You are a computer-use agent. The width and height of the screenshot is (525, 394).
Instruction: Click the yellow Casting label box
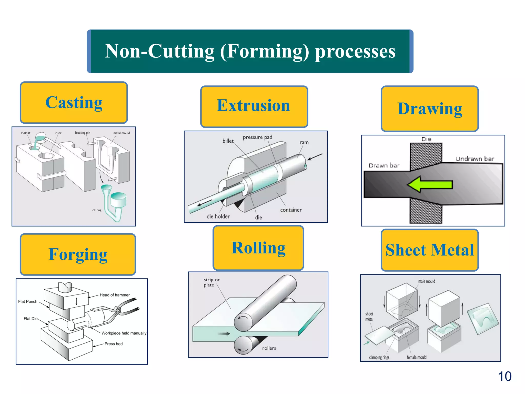coord(74,103)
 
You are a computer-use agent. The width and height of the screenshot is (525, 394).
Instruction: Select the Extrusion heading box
coord(254,106)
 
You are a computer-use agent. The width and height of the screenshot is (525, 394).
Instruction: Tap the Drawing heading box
coord(430,109)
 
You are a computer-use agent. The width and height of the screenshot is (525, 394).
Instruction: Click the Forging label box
coord(78,254)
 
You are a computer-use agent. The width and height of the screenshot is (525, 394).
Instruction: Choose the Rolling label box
coord(258,248)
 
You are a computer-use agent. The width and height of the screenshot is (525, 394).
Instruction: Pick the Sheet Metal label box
coord(430,250)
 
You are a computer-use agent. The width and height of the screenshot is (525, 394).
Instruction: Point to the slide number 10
coord(504,377)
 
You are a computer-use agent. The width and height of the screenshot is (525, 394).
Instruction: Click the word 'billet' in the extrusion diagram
coord(228,141)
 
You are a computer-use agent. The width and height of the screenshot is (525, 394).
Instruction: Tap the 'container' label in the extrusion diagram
coord(291,210)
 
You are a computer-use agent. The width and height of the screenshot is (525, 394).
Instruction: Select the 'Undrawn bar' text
coord(474,159)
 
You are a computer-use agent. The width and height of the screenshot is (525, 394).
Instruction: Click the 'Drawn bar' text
coord(384,165)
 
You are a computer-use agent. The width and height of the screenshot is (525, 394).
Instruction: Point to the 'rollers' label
coord(269,348)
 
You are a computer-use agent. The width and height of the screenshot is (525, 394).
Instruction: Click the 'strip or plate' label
coord(211,282)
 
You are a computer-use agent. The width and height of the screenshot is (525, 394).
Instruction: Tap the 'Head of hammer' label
coord(115,295)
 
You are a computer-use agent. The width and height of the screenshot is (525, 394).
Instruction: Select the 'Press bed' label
coord(113,344)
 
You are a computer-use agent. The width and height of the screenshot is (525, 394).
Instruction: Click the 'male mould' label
coord(427,281)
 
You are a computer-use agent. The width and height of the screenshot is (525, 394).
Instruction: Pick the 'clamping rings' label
coord(379,357)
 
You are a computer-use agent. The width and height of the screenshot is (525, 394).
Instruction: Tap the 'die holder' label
coord(218,216)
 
